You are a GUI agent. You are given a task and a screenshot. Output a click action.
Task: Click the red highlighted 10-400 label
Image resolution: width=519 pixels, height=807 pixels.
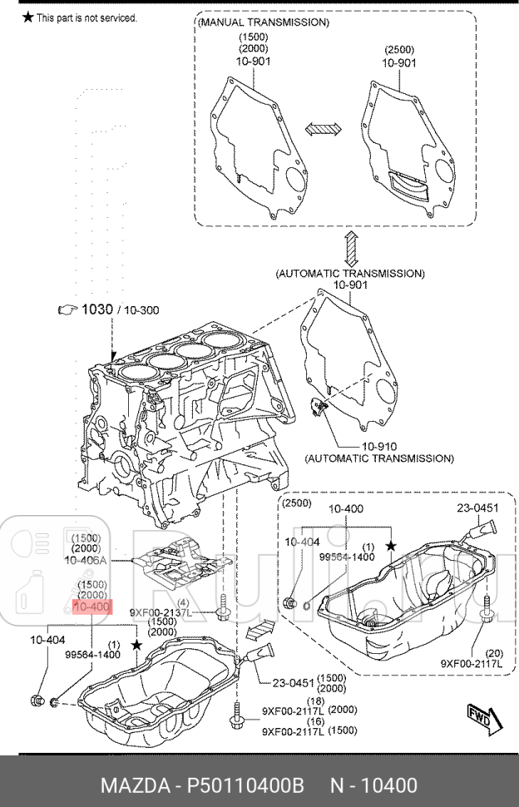(x=91, y=607)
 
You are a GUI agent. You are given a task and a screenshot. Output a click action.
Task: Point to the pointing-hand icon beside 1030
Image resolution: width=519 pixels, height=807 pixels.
(x=67, y=309)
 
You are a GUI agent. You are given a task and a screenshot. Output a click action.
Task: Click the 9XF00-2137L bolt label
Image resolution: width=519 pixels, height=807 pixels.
(x=161, y=613)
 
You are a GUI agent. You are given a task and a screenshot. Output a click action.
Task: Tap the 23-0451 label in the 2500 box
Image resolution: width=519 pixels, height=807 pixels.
(x=477, y=507)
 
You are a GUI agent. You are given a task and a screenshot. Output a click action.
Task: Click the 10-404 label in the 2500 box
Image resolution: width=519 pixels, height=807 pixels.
(x=302, y=542)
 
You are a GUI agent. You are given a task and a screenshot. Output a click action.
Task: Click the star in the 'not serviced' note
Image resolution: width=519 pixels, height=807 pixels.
(x=27, y=17)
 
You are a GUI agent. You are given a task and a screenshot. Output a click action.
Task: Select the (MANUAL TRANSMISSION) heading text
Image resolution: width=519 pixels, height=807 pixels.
(x=264, y=22)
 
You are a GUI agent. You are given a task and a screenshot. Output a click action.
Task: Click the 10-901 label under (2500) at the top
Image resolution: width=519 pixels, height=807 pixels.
(x=399, y=62)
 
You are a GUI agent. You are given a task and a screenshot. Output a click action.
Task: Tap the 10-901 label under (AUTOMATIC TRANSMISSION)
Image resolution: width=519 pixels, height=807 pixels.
(x=350, y=285)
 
